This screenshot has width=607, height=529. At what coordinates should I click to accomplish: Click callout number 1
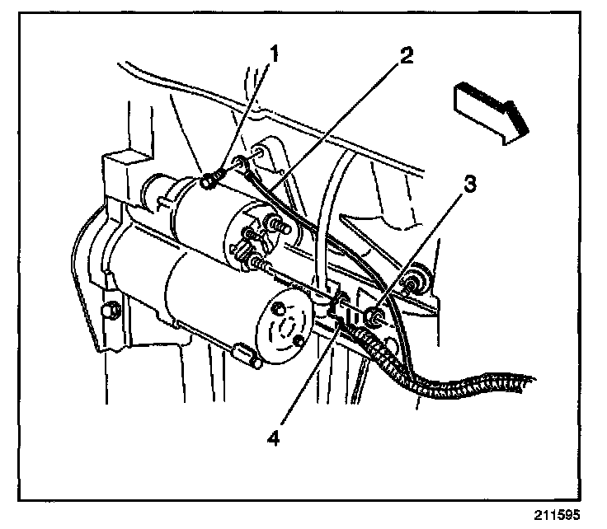pos(275,55)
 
